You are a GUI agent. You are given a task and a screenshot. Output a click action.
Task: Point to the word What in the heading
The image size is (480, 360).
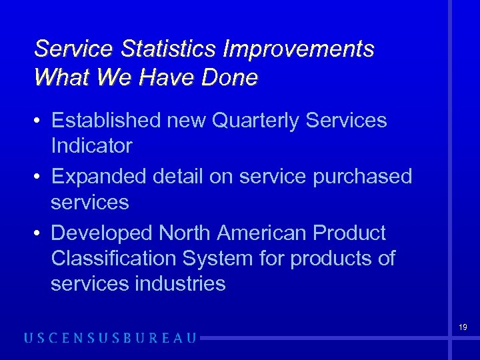coord(62,78)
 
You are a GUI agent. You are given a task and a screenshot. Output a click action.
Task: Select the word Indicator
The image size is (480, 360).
coord(91,145)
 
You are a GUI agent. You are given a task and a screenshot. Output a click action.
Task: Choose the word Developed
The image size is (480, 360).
coord(101,233)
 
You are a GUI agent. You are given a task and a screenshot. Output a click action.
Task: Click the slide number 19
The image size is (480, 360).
coord(462,327)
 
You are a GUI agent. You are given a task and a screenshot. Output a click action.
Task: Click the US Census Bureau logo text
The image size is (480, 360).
coord(110,338)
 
